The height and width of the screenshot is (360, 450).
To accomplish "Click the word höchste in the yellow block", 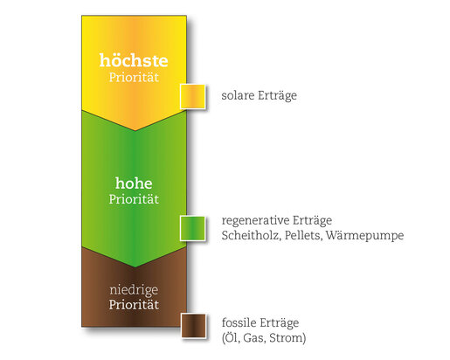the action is pos(134,60).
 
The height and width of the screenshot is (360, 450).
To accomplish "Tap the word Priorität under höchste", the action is pos(134,77).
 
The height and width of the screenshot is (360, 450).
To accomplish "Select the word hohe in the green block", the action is pos(134,183).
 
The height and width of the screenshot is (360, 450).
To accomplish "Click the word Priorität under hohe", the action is pos(134,199).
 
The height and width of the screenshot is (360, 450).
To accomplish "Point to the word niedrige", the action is pos(134,290).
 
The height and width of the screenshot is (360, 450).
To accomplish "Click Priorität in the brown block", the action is pos(134,305).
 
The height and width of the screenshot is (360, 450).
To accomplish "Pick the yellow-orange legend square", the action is pos(192,96).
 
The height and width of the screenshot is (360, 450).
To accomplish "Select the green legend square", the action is pos(192,228).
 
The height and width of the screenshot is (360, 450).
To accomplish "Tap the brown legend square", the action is pos(193,326).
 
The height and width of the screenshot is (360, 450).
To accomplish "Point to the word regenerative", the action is pos(255,221).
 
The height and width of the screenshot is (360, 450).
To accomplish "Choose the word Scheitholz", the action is pos(251,235).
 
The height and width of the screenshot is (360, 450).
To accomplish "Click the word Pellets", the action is pos(303,235).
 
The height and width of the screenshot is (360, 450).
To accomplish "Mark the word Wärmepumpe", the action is pos(364,235).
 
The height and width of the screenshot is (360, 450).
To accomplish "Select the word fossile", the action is pos(239,322).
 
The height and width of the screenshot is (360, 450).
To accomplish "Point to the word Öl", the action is pos(232,337).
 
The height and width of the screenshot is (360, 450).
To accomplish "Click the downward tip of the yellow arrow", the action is pos(135,131).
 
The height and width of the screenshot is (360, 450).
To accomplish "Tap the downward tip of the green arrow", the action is pos(135,267).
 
